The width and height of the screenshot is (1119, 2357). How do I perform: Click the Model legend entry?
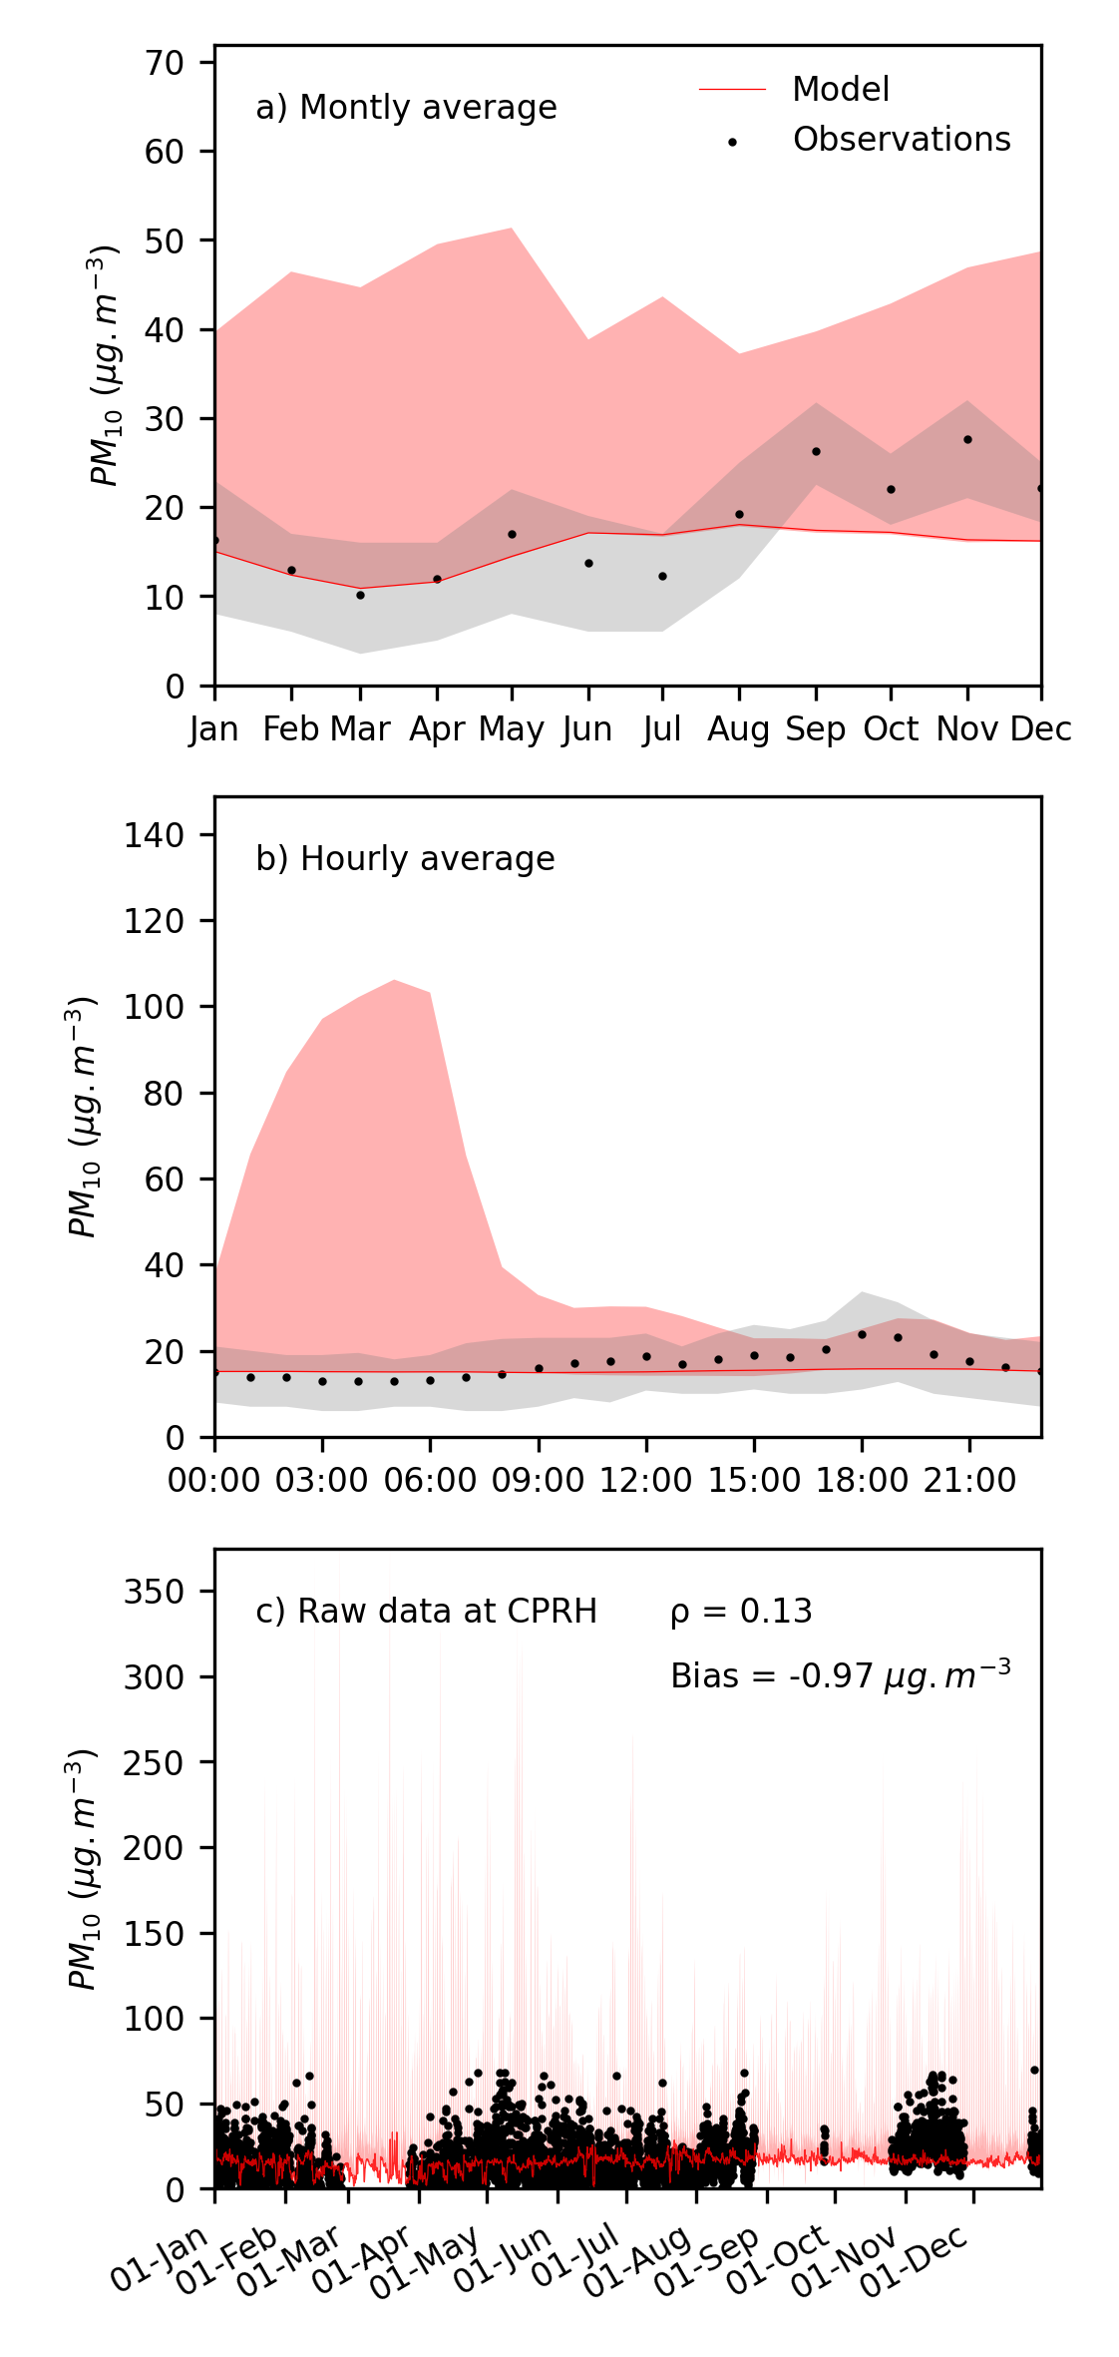[x=840, y=90]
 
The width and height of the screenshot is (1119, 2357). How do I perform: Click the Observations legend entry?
[x=901, y=140]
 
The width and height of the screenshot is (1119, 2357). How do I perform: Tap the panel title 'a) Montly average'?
[x=406, y=108]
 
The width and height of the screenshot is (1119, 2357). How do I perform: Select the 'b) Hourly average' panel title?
[x=405, y=859]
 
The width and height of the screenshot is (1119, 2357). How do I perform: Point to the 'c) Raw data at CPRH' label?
[x=426, y=1612]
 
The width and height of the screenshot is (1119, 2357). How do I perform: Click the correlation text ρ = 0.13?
[x=741, y=1612]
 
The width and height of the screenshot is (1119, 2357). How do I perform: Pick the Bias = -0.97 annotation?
[x=840, y=1675]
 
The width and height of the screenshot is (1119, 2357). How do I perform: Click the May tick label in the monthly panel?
[x=512, y=729]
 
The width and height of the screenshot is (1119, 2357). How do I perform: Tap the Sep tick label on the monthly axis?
[x=816, y=729]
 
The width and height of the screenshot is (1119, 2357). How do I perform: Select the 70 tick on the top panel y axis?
[x=165, y=63]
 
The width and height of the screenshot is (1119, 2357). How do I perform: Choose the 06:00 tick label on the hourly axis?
[x=430, y=1481]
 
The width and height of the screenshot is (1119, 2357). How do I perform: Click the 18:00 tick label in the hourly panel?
[x=862, y=1481]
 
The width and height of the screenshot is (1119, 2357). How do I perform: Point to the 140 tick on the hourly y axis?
[x=155, y=835]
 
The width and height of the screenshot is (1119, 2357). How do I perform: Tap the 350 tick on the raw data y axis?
[x=155, y=1592]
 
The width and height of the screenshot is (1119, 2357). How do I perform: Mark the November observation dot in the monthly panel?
[x=967, y=439]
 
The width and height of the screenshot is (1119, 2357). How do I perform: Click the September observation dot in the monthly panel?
[x=816, y=451]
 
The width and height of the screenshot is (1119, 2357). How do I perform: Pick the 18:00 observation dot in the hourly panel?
[x=862, y=1334]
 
